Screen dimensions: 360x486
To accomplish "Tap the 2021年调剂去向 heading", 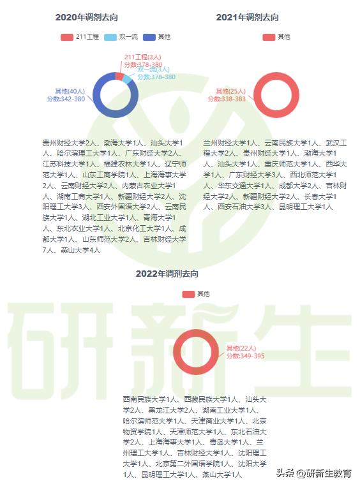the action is (x=247, y=18).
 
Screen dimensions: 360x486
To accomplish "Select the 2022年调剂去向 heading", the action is (x=167, y=274).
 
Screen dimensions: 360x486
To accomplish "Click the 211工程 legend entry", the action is (x=80, y=37).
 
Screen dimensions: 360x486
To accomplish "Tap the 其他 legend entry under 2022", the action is (x=196, y=294).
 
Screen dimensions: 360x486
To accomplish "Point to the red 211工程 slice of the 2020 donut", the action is (x=119, y=77).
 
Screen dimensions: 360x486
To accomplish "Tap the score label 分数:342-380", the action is (x=66, y=99).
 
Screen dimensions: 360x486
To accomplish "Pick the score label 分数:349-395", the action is (x=244, y=355).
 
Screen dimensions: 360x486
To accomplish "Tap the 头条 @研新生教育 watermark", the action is (x=313, y=473).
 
